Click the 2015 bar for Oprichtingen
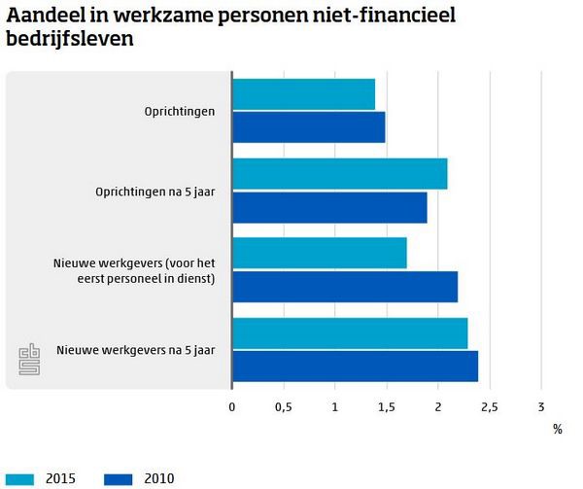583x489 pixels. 303,94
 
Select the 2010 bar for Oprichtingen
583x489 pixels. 308,127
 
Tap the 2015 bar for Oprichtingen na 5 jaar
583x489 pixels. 339,173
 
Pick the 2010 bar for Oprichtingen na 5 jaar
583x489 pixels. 329,207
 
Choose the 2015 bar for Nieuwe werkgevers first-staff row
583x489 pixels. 319,253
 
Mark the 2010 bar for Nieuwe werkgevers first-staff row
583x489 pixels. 344,287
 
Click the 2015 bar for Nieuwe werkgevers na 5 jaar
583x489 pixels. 350,332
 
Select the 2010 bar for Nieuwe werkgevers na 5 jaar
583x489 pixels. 355,366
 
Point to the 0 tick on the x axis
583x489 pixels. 231,406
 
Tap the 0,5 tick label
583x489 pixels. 283,406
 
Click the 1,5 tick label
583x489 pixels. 386,406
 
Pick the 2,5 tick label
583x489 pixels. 489,406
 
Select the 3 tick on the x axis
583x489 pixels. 540,406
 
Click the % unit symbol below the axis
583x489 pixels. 558,428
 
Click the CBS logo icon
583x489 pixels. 30,359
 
